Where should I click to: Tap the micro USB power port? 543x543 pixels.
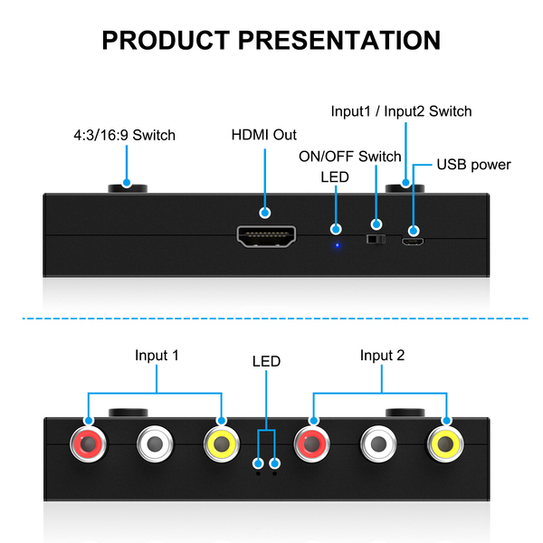413,242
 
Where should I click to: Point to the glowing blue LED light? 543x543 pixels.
337,244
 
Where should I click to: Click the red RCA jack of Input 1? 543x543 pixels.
89,444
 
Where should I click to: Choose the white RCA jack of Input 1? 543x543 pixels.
156,444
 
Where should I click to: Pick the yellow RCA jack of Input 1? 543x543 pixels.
221,444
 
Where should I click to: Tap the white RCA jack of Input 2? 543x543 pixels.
380,444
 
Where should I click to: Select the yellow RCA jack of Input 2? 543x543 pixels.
446,444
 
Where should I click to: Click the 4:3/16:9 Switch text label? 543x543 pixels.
124,136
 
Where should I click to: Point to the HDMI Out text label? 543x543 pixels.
264,135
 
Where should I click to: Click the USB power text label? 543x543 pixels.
473,165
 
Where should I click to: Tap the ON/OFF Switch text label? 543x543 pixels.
350,157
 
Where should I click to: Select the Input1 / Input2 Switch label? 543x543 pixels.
401,111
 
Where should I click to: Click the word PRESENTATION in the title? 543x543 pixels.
340,41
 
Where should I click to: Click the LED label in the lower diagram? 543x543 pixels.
266,361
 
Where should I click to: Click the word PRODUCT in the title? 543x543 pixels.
166,41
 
